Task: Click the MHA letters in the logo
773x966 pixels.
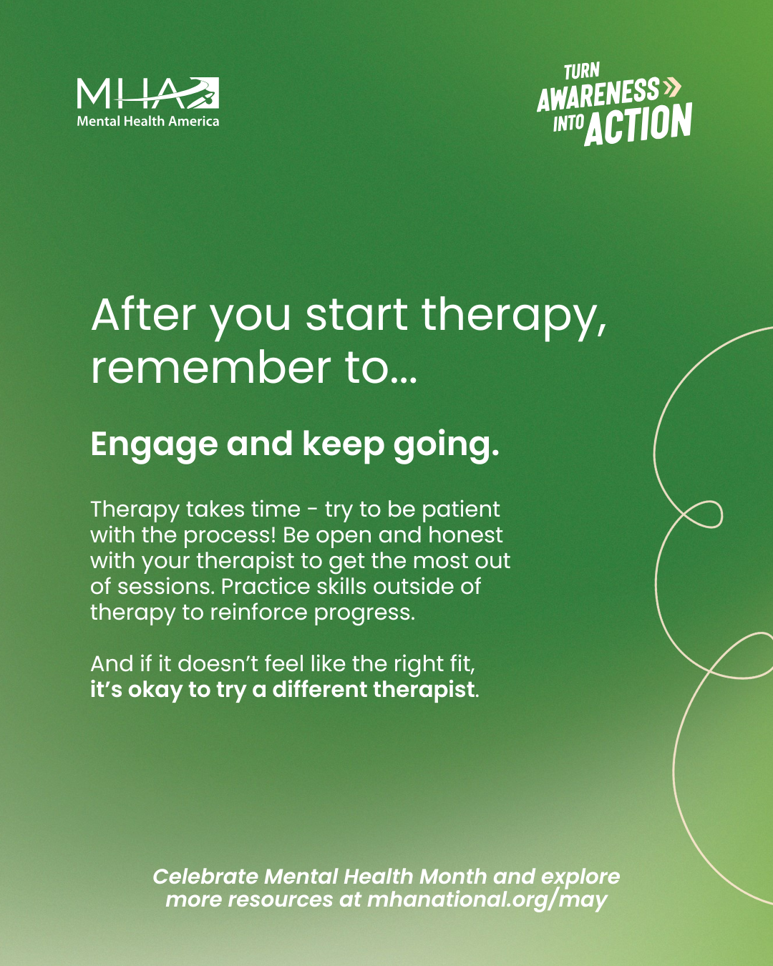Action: click(x=148, y=93)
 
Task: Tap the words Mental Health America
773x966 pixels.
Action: click(x=148, y=121)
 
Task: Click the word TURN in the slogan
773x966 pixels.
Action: click(x=582, y=72)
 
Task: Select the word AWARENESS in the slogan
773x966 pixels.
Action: click(x=598, y=94)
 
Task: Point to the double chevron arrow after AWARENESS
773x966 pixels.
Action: click(x=672, y=87)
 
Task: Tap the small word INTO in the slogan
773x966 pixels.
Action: click(x=568, y=122)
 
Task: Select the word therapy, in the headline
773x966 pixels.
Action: click(x=514, y=318)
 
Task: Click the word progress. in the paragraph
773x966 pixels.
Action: click(x=364, y=613)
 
